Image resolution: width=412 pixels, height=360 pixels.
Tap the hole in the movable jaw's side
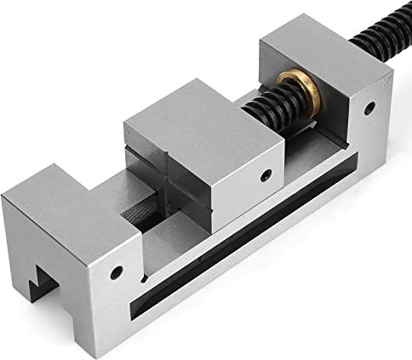pos(266,176)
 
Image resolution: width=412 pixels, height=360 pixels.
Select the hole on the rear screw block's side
pos(369,108)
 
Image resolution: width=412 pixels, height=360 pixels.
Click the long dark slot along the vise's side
pos(255,247)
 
